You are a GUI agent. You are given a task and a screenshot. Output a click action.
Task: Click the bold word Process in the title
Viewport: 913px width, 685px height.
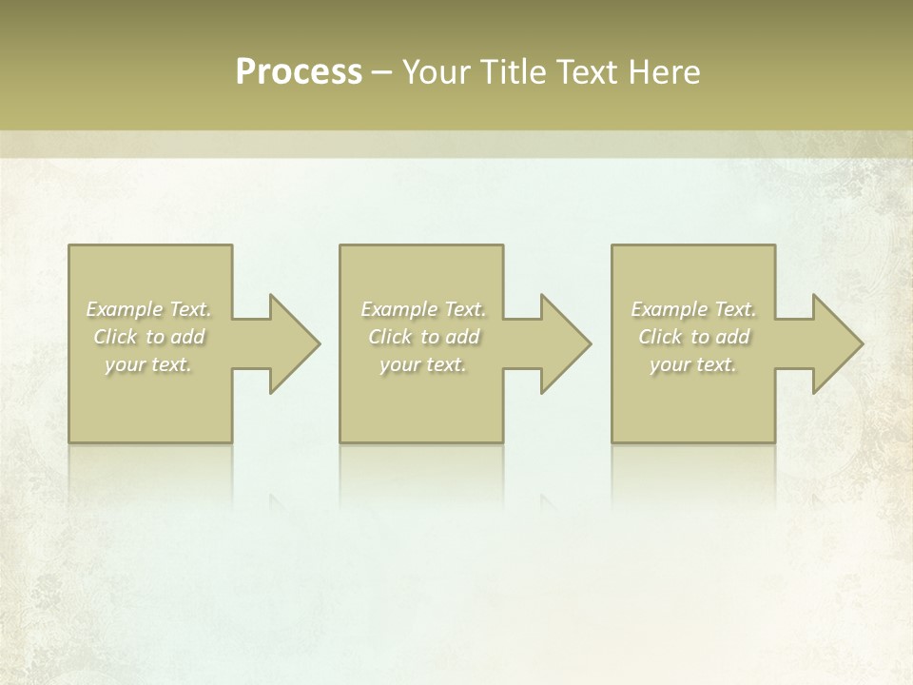[299, 72]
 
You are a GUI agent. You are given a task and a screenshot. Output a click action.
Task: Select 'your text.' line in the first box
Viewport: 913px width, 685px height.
[149, 364]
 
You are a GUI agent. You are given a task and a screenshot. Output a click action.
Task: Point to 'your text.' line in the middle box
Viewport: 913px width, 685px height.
[423, 364]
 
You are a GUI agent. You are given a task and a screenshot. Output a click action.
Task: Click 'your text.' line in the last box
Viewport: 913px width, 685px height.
[693, 364]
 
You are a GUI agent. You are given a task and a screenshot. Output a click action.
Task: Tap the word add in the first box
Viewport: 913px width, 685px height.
[188, 337]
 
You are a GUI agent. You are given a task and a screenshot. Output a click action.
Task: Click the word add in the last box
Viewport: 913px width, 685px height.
[732, 337]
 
